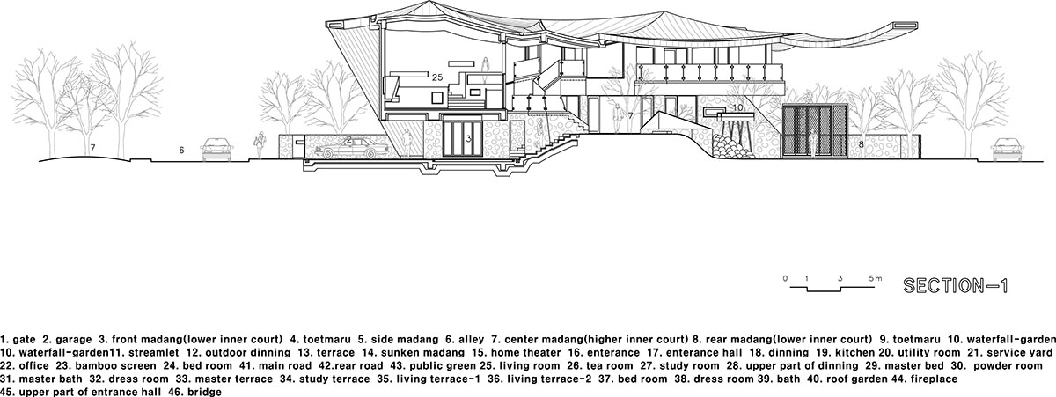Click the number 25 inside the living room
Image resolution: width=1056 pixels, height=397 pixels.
(x=437, y=77)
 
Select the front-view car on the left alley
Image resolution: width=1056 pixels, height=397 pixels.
(x=216, y=150)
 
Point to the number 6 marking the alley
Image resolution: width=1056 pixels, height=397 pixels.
(x=181, y=151)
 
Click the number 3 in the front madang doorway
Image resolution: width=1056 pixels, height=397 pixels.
(x=469, y=139)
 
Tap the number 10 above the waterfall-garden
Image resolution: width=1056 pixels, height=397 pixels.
(x=739, y=107)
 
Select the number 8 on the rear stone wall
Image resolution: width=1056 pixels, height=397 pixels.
(x=861, y=142)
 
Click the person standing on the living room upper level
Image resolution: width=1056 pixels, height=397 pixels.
(x=484, y=66)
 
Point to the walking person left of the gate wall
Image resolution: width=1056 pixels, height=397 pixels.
(x=260, y=145)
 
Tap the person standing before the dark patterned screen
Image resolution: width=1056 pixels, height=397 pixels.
(x=814, y=143)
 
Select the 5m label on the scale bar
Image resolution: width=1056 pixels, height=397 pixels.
(x=876, y=278)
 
